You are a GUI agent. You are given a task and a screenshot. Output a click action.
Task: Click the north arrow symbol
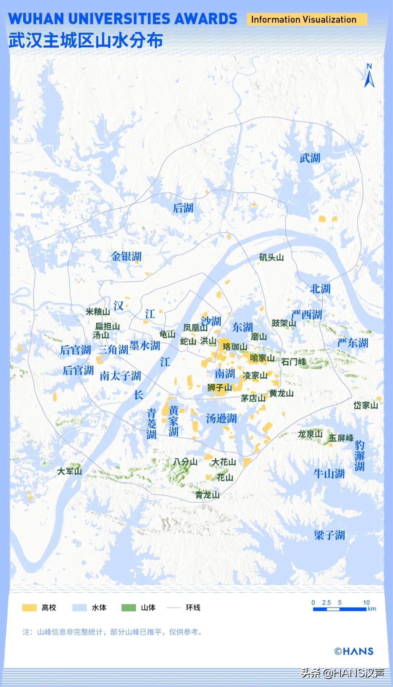click(369, 77)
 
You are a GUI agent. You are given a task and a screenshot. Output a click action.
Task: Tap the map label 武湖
click(310, 158)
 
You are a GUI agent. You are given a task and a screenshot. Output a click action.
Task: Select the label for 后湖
click(183, 208)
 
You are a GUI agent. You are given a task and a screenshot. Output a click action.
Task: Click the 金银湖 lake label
click(126, 256)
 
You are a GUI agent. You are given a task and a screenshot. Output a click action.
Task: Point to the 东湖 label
click(243, 327)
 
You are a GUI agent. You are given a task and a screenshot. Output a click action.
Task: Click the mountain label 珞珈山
click(235, 347)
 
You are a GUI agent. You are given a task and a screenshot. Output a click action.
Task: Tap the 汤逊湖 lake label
click(221, 418)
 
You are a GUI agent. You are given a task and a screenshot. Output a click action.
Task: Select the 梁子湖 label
click(329, 535)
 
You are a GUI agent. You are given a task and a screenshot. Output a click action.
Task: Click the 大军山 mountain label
click(70, 471)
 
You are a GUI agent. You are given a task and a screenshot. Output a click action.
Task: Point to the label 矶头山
click(271, 258)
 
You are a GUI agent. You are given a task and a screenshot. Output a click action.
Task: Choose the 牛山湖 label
click(329, 474)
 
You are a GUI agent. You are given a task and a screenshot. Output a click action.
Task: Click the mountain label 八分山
click(185, 462)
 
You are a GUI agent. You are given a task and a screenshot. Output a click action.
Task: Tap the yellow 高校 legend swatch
click(29, 608)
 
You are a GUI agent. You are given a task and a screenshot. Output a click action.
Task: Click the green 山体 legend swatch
click(128, 608)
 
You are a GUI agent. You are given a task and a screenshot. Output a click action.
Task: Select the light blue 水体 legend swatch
click(79, 608)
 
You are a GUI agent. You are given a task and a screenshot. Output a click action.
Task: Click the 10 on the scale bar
click(366, 602)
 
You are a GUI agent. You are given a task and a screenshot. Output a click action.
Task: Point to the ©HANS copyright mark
click(354, 651)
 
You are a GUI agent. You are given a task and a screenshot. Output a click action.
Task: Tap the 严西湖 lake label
click(306, 314)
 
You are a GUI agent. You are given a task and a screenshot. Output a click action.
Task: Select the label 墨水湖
click(145, 345)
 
